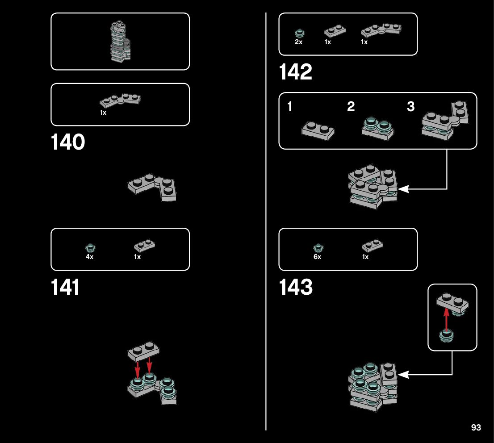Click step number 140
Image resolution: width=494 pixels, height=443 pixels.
[68, 142]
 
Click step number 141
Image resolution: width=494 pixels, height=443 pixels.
[65, 287]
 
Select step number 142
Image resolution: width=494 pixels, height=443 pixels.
[296, 72]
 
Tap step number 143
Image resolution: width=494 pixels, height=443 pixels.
[296, 288]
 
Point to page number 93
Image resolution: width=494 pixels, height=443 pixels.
[476, 428]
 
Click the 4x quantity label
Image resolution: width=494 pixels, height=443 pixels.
[90, 257]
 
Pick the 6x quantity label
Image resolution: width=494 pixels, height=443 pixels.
[317, 257]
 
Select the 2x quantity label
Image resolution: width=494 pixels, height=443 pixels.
[299, 42]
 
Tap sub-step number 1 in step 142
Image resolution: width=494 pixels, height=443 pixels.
[290, 107]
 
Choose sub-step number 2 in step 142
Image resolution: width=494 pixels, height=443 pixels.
[351, 107]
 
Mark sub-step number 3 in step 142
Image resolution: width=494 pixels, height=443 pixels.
[410, 107]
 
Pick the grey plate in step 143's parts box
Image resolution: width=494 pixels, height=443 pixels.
[372, 246]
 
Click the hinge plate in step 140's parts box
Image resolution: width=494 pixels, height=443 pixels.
[120, 100]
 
